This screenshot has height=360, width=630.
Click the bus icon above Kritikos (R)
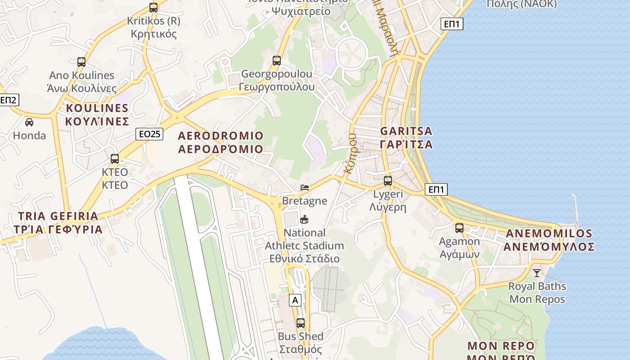tap(153, 8)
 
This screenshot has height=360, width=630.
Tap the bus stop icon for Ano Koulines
tap(81, 62)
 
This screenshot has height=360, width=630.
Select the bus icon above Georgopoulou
tap(277, 61)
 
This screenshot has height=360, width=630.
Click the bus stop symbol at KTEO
tap(115, 159)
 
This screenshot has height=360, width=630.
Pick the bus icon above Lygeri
tap(388, 181)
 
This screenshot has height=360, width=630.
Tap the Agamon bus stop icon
tap(459, 228)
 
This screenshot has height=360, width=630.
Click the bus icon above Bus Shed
tap(300, 323)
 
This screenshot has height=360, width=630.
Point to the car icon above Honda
tap(29, 122)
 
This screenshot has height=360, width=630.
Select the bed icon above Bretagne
tap(305, 188)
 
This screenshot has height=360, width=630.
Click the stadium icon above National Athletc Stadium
tap(305, 220)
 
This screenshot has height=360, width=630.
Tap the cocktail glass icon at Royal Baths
tap(537, 273)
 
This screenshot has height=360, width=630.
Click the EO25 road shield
tap(149, 134)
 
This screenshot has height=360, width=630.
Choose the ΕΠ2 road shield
tap(8, 100)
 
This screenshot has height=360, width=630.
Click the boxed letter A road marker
tap(295, 300)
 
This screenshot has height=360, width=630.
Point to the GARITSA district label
tap(406, 138)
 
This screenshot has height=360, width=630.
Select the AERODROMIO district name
tap(220, 142)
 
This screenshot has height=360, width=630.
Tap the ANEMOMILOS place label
tap(549, 240)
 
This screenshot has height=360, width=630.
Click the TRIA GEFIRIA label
tap(58, 222)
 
